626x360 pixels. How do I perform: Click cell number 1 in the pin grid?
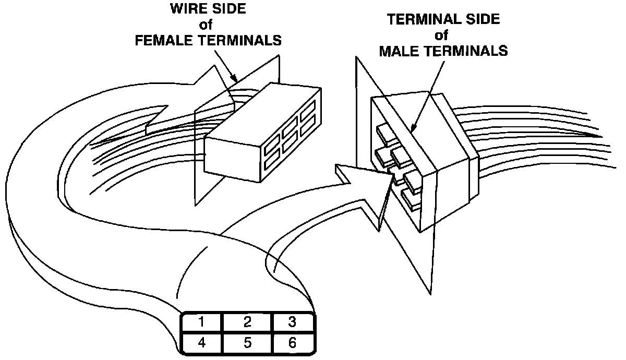pyautogui.click(x=201, y=321)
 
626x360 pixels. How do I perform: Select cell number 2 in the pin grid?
pyautogui.click(x=247, y=321)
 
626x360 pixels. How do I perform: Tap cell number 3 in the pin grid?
pyautogui.click(x=293, y=321)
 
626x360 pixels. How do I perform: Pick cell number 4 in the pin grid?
pyautogui.click(x=201, y=342)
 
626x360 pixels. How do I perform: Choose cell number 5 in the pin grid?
pyautogui.click(x=247, y=342)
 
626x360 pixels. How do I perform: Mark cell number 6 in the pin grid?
pyautogui.click(x=293, y=342)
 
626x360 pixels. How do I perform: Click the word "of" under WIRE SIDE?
pyautogui.click(x=208, y=25)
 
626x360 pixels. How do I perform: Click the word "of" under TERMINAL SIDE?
pyautogui.click(x=443, y=35)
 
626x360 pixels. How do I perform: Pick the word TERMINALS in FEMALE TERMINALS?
pyautogui.click(x=241, y=41)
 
